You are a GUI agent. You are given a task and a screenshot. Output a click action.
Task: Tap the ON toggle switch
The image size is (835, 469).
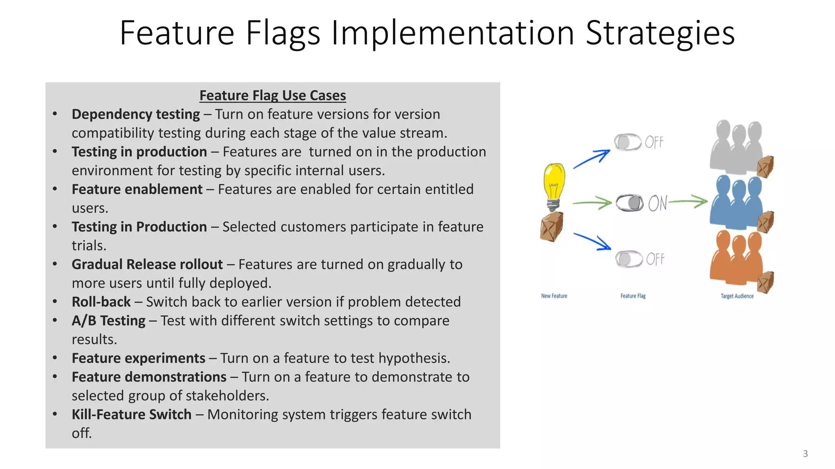(630, 202)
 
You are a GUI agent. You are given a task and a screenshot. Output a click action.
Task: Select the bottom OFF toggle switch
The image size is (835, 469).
(629, 259)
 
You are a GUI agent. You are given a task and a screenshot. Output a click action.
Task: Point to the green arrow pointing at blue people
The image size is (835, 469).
(688, 202)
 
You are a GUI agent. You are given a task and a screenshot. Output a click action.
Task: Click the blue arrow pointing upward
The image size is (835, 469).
(592, 159)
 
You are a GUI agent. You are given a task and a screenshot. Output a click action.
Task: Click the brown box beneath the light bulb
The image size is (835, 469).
(552, 226)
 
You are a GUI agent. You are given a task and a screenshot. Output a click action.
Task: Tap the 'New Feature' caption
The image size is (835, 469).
(554, 296)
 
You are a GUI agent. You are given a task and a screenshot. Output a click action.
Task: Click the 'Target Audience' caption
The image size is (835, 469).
(737, 296)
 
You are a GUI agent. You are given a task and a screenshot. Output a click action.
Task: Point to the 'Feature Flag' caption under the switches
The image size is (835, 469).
(633, 296)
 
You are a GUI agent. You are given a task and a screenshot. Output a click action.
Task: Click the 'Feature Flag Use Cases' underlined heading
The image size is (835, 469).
(272, 95)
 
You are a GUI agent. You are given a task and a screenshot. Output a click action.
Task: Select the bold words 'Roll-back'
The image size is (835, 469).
(101, 302)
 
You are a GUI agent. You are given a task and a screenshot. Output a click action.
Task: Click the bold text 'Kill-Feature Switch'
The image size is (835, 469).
(131, 414)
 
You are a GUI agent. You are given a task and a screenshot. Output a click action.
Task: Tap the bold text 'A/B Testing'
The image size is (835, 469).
(108, 321)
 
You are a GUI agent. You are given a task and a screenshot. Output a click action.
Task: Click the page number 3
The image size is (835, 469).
(805, 454)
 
